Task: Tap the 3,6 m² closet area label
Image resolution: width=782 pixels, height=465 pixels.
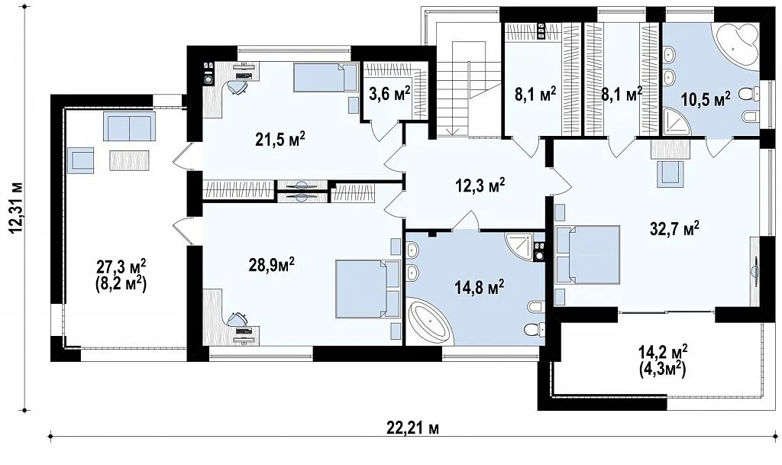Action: (x=389, y=93)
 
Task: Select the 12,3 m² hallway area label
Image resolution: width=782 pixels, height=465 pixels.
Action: (x=480, y=186)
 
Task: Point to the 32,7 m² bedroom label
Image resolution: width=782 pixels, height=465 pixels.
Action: (x=674, y=229)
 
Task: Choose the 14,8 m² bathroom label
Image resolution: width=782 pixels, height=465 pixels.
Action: (x=479, y=288)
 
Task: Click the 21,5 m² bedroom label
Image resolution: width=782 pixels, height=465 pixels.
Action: (x=280, y=140)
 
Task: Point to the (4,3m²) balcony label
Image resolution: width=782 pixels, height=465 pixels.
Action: (x=663, y=370)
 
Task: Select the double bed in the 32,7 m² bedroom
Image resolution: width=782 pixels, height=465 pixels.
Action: (x=588, y=255)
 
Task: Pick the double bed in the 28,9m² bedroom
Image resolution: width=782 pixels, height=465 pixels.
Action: (x=367, y=289)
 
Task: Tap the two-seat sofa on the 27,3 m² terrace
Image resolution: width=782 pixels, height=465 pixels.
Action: (x=129, y=127)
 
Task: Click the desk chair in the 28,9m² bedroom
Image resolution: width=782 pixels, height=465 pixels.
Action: (x=238, y=318)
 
